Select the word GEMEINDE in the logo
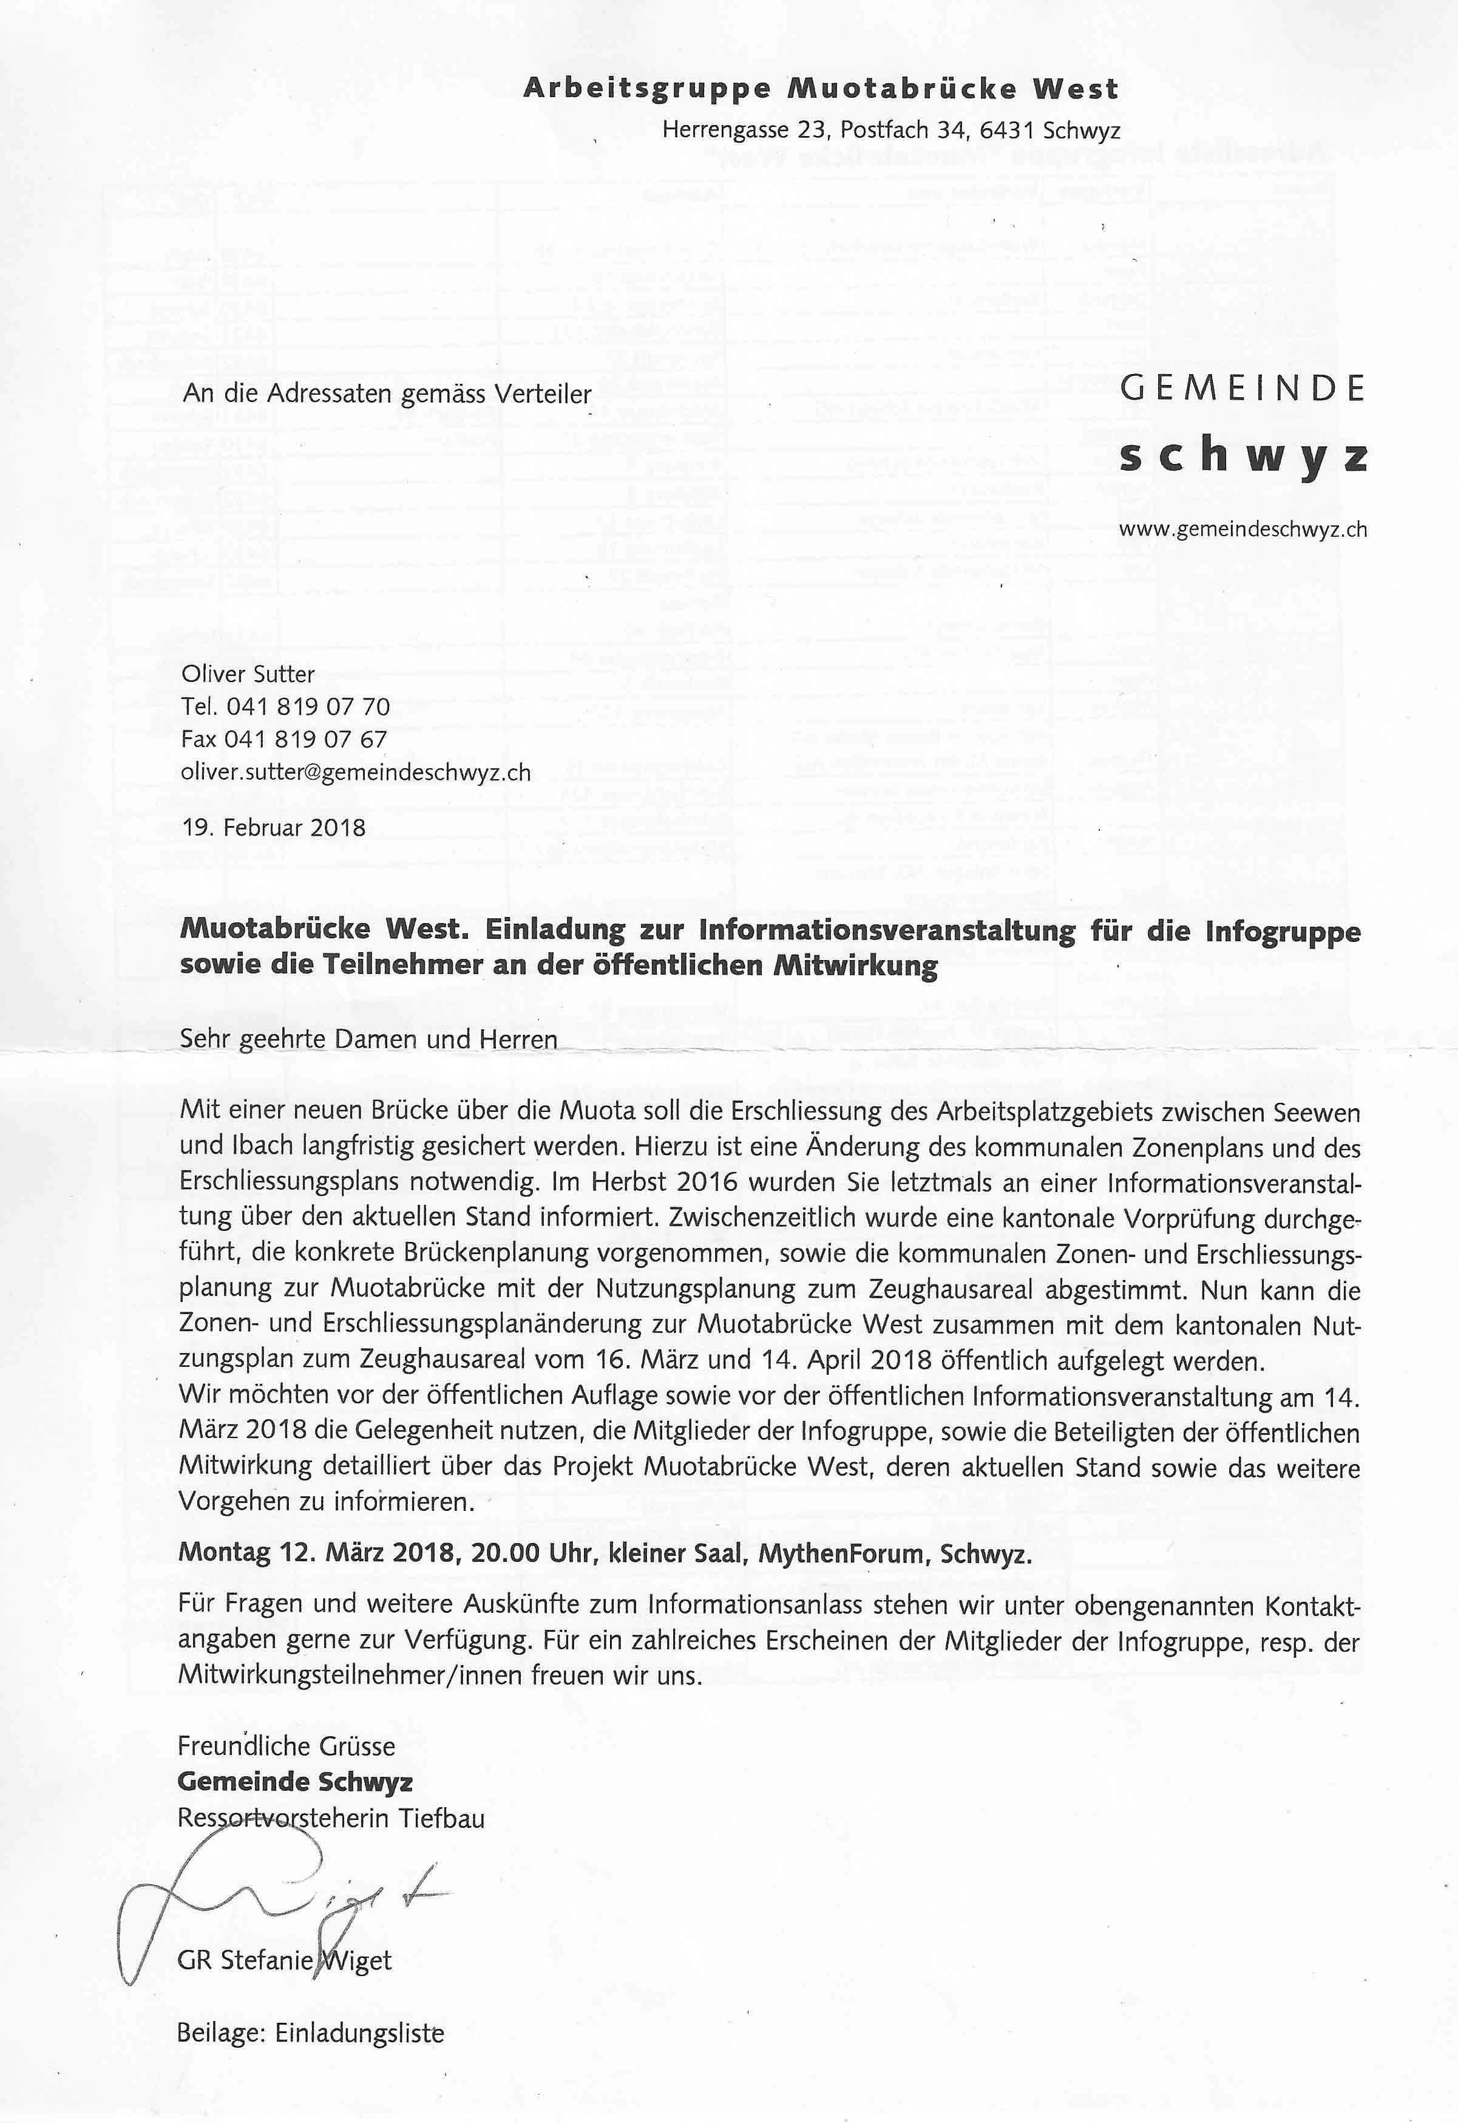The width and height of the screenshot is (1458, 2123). pos(1243,389)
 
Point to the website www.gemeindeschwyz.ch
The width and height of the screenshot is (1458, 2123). pos(1243,529)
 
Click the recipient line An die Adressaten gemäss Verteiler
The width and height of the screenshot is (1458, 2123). pos(387,394)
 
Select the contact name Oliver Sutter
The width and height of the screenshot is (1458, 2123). pos(248,675)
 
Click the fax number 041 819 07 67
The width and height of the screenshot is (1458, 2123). pos(305,740)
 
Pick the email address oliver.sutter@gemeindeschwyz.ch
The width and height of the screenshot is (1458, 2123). pos(355,772)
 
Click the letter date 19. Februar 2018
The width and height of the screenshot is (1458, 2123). pos(273,828)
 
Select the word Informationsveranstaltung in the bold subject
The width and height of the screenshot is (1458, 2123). pos(887,932)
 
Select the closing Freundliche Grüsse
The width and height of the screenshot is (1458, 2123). pos(286,1746)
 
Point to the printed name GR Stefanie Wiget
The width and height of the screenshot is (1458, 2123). pos(284,1960)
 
